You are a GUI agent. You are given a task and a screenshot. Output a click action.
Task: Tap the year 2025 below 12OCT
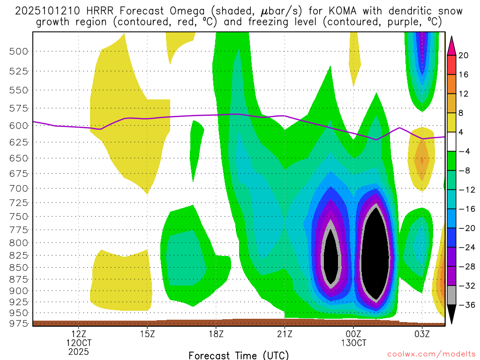[x=78, y=351]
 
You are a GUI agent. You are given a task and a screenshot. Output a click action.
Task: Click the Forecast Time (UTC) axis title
[x=239, y=355]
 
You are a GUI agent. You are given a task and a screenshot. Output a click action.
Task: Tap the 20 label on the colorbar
[x=464, y=55]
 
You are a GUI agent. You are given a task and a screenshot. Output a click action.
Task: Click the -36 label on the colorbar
[x=465, y=305]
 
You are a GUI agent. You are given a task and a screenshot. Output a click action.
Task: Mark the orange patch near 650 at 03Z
[x=421, y=159]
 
